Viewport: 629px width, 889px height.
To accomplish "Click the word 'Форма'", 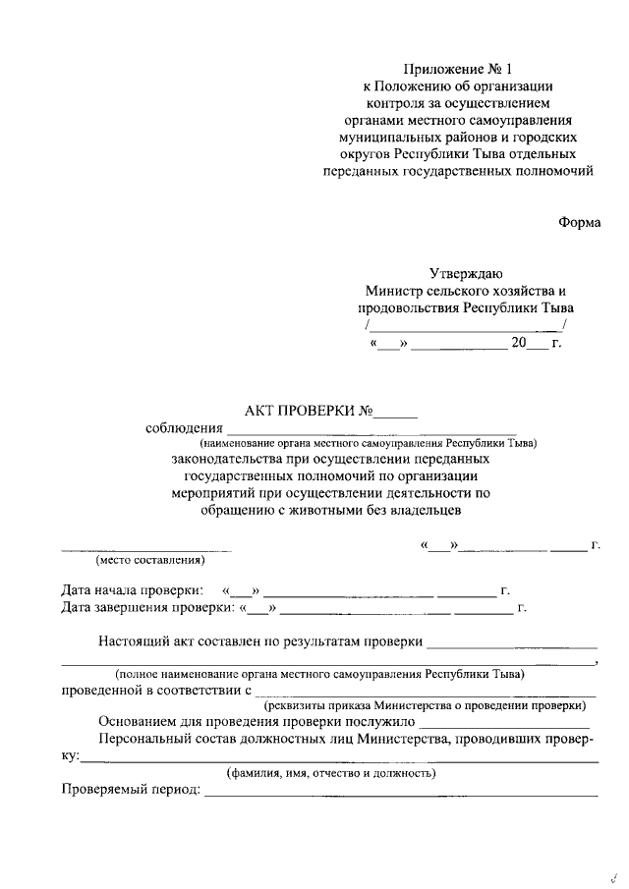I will tap(579, 222).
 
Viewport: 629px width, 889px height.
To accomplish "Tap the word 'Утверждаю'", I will tap(466, 274).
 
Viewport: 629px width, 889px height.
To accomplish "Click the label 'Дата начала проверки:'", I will tap(133, 591).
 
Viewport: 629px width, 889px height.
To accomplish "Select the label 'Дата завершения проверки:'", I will tap(145, 608).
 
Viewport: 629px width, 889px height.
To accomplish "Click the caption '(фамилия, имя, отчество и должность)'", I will tap(331, 773).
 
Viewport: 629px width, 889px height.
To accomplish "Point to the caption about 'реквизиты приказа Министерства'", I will tap(425, 705).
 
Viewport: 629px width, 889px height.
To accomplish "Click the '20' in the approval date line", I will tap(518, 343).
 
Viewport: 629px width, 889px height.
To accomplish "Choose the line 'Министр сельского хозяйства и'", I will tap(466, 292).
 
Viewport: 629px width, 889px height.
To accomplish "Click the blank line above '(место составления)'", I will tap(147, 549).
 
